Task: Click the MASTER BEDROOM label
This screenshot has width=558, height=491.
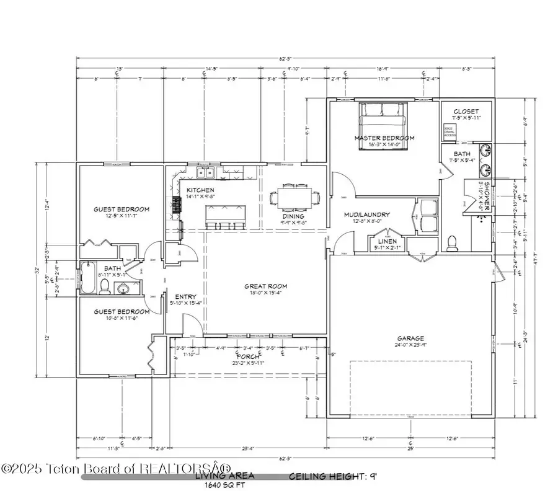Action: (x=384, y=138)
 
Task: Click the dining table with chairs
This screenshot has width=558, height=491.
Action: (x=295, y=198)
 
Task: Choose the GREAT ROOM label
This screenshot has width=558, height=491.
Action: (x=265, y=286)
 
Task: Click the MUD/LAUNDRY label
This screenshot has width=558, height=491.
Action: (x=367, y=215)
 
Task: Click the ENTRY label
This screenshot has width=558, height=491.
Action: (x=186, y=296)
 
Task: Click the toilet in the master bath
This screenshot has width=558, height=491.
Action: (x=452, y=241)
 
